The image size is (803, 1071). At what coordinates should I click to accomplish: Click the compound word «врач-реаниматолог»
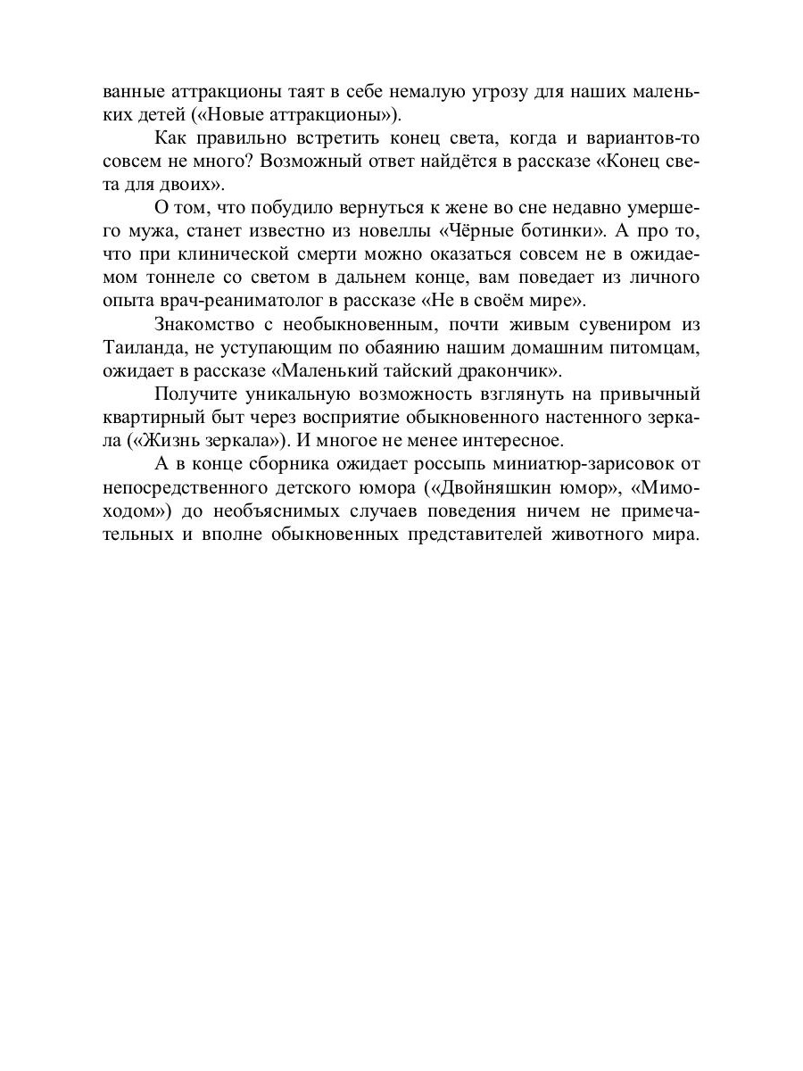point(240,300)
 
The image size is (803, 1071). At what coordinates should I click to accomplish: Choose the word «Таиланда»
point(145,346)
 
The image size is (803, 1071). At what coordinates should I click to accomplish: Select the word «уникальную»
point(286,393)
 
